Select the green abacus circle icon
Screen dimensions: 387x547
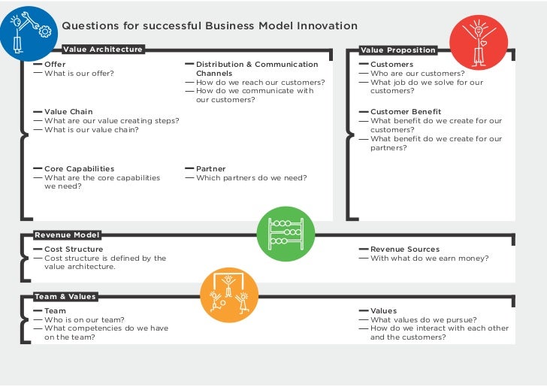[x=286, y=234]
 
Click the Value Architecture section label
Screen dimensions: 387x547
[x=102, y=50]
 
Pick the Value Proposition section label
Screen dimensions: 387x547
[x=397, y=50]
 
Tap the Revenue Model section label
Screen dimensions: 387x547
[x=67, y=235]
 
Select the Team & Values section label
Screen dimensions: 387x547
[x=65, y=297]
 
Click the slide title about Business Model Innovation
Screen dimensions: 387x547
[x=209, y=26]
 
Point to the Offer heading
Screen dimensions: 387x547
[x=55, y=65]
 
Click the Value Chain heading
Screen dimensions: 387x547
[x=68, y=112]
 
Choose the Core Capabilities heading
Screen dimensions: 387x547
[x=79, y=169]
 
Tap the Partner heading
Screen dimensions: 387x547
[x=210, y=169]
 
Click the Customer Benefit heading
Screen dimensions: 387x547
[x=406, y=112]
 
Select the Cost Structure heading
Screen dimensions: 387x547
[x=74, y=249]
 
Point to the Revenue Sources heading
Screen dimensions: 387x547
[x=405, y=249]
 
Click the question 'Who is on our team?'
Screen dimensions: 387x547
[x=84, y=319]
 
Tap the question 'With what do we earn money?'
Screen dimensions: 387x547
[x=429, y=259]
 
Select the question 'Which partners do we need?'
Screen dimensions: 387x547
[x=251, y=178]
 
